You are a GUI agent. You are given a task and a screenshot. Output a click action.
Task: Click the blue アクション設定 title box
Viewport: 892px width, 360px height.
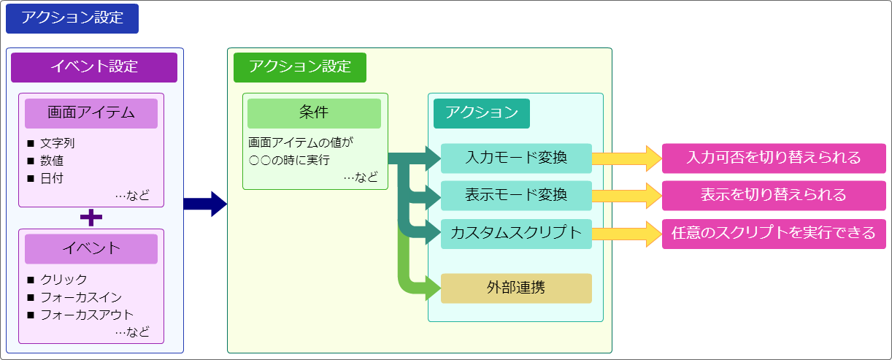tap(72, 19)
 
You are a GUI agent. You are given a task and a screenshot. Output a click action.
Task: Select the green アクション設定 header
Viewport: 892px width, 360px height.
tap(299, 67)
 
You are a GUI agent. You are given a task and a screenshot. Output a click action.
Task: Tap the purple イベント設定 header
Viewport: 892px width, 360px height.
tap(94, 67)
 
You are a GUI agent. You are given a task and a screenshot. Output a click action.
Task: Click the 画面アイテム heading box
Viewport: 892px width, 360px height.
tap(91, 113)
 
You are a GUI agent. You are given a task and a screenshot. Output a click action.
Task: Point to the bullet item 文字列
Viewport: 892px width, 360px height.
tap(57, 143)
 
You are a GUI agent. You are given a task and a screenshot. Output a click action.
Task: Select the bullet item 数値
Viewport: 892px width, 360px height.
tap(52, 161)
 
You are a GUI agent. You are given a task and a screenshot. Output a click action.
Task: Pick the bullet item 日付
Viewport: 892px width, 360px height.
tap(52, 178)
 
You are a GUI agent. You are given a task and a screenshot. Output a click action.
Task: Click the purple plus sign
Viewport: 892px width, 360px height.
tap(91, 218)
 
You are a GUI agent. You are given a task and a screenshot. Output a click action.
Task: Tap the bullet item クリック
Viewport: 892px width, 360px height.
tap(64, 280)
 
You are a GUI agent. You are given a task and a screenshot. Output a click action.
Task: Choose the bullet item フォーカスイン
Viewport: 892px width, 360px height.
tap(80, 297)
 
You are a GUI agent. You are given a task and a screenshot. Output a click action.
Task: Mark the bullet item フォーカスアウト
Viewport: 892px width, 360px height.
tap(86, 315)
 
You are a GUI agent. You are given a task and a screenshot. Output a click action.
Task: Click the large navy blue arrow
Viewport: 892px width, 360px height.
tap(206, 204)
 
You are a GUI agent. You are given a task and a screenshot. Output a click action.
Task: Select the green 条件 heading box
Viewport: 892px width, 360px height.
tap(314, 113)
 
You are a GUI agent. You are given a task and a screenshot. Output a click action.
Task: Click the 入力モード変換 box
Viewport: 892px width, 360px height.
tap(516, 158)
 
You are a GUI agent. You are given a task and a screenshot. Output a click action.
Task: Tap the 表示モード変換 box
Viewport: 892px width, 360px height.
tap(516, 196)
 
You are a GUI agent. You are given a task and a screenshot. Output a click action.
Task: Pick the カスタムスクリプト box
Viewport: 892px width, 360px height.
tap(516, 234)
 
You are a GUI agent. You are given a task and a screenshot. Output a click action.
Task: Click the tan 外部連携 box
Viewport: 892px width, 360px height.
tap(516, 288)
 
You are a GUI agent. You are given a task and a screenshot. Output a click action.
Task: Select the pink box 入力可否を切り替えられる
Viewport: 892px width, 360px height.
tap(774, 158)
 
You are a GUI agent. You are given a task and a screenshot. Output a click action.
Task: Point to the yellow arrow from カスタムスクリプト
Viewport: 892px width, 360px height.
tap(625, 234)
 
